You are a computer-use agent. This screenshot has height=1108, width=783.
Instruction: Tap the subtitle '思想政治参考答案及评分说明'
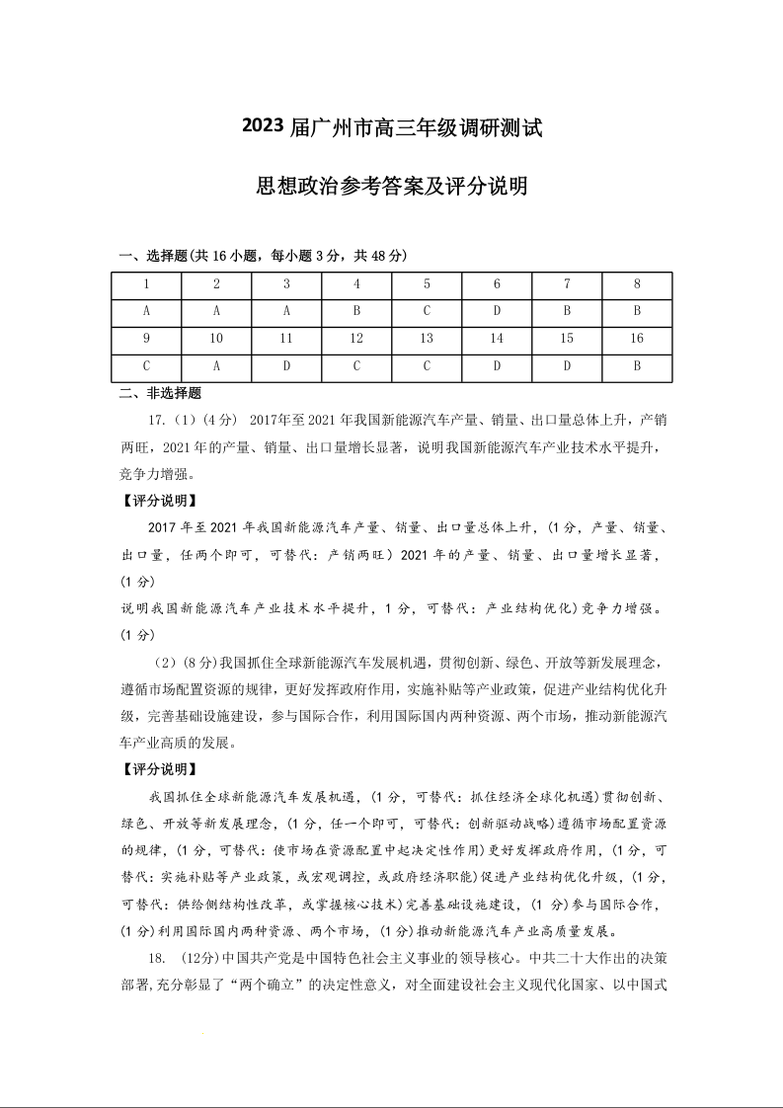tap(392, 186)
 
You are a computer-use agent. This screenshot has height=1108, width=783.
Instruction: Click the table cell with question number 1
tap(146, 284)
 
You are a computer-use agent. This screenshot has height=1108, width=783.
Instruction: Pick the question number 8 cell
tap(637, 284)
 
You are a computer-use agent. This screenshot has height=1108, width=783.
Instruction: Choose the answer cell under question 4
tap(356, 311)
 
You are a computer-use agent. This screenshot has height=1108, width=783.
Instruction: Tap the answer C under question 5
tap(427, 311)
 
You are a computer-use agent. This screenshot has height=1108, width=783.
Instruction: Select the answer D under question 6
tap(497, 311)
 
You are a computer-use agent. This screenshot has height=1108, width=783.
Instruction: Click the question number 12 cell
tap(356, 339)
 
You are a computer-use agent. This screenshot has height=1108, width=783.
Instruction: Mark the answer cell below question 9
tap(146, 366)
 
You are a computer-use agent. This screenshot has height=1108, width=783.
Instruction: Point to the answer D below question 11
tap(286, 366)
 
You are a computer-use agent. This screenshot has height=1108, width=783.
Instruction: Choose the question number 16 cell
tap(637, 339)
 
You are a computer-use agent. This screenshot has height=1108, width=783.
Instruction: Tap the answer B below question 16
tap(637, 366)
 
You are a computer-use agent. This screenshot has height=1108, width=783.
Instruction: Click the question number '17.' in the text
tap(157, 421)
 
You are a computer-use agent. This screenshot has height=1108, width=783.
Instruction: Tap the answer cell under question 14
tap(497, 366)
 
